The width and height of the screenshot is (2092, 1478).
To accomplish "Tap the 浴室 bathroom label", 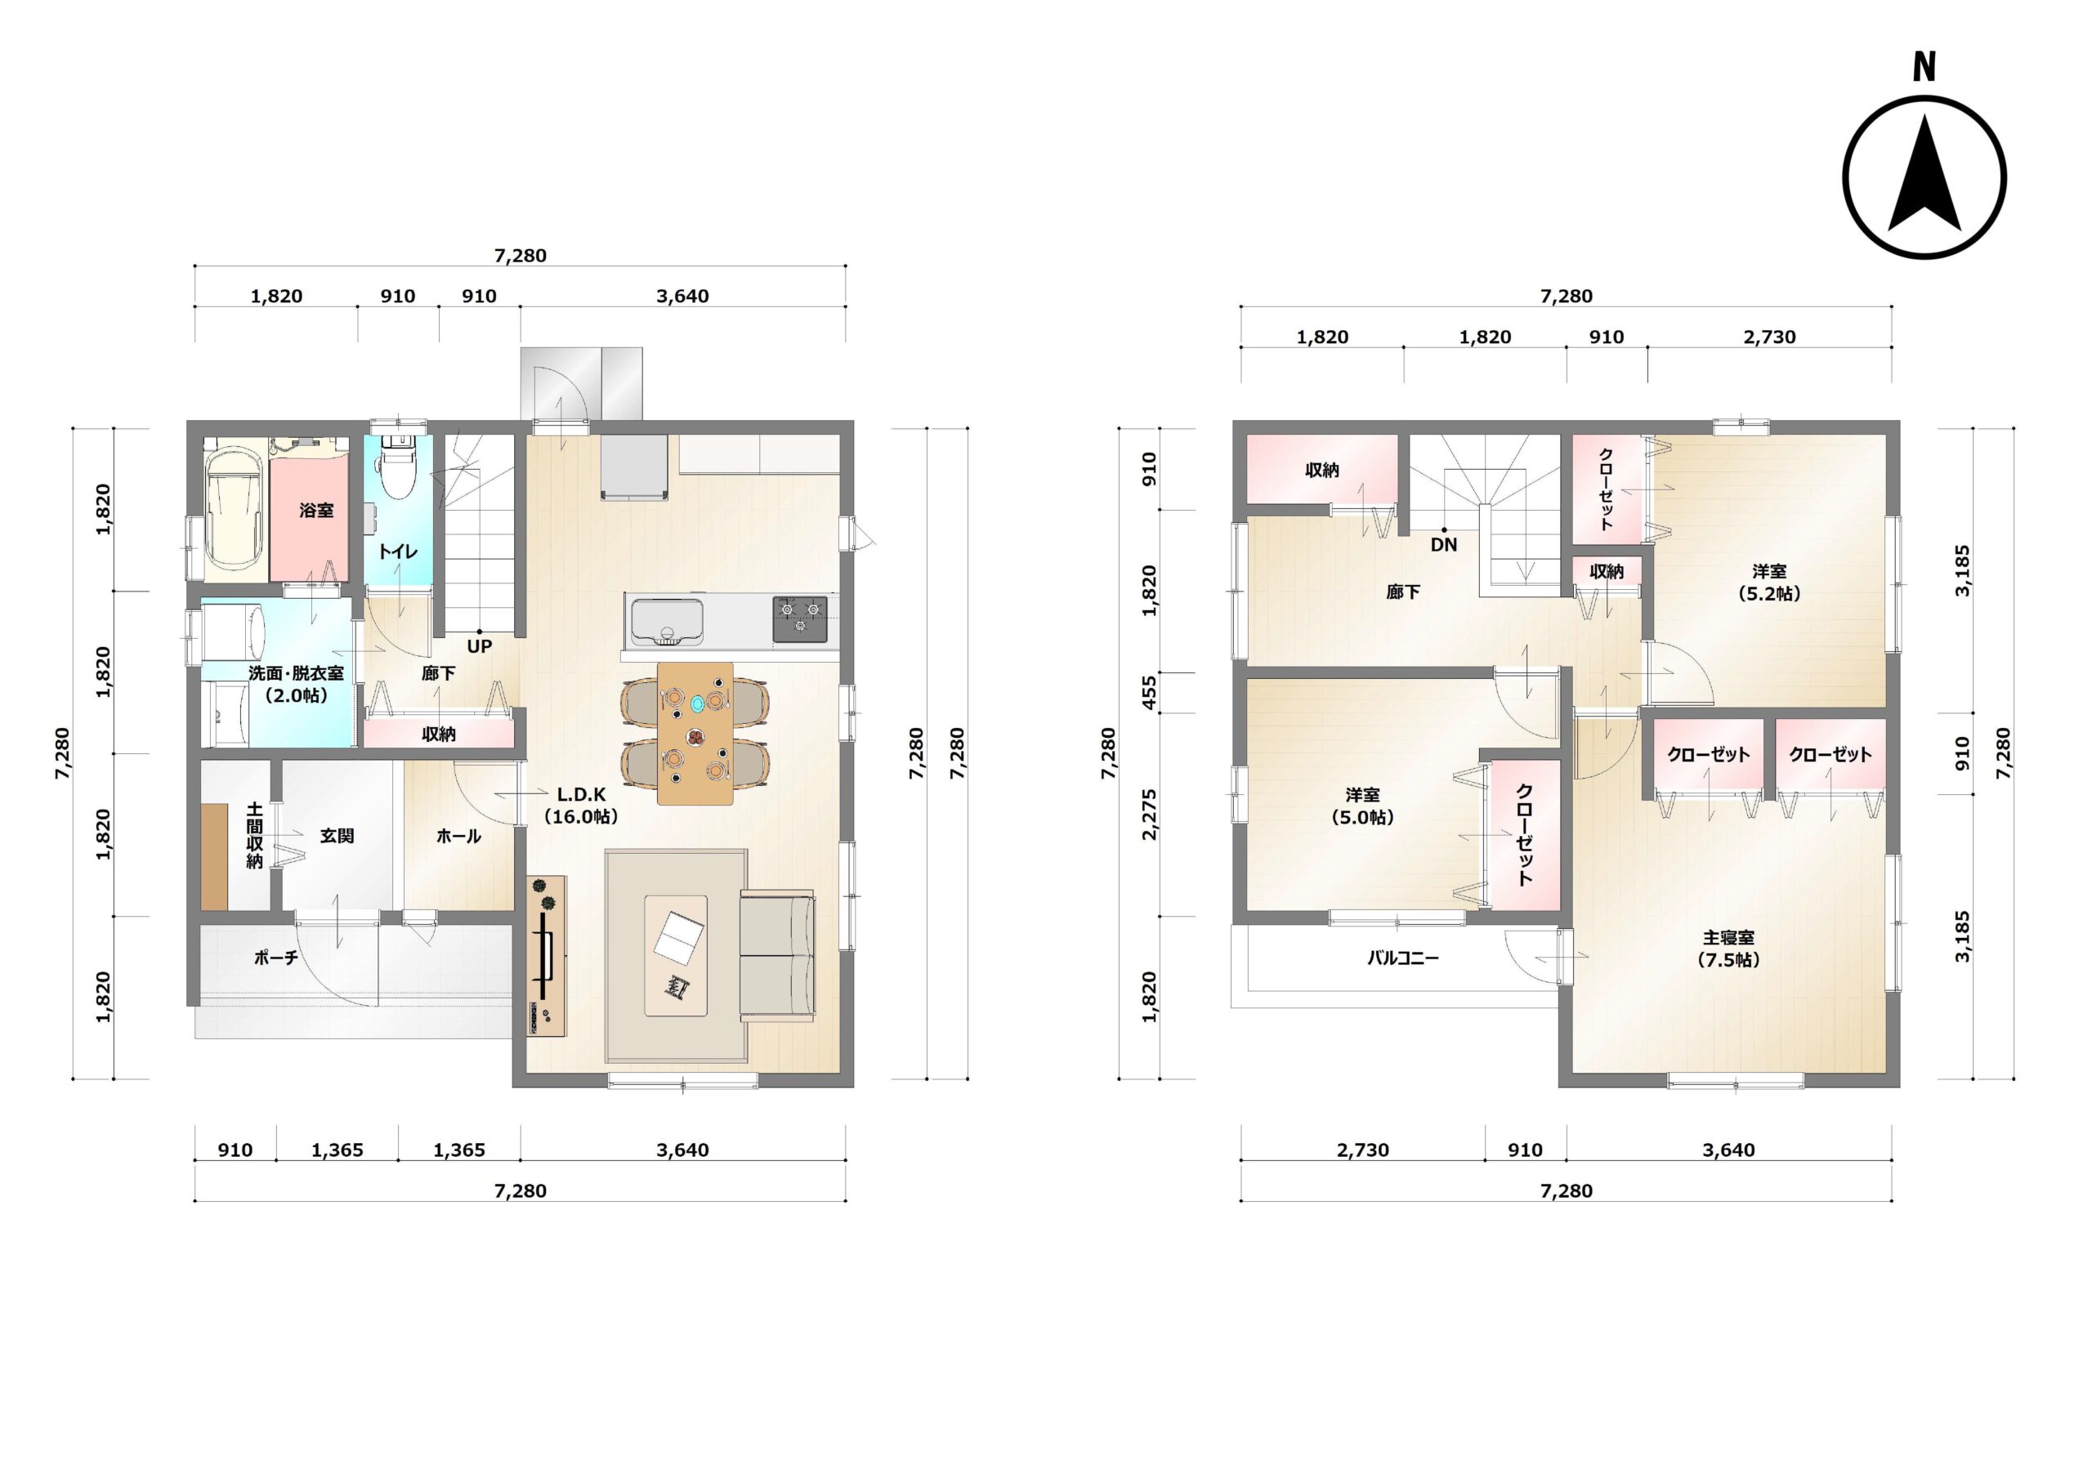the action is tap(316, 511).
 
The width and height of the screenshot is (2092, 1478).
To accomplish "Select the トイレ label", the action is tap(398, 551).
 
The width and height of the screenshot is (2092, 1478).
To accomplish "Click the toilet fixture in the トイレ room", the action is tap(397, 465).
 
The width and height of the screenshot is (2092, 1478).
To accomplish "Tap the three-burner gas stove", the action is tap(800, 618).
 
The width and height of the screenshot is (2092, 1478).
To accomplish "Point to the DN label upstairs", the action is tap(1443, 545).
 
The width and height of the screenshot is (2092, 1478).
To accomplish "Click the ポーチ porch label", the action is tap(276, 958).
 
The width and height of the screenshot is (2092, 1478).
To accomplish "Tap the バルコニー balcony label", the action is tap(1402, 958).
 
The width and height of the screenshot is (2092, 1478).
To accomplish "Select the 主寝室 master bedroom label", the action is tap(1728, 949).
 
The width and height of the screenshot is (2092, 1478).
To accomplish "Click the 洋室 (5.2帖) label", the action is tap(1768, 583).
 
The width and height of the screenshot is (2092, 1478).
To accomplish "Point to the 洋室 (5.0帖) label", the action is tap(1362, 806).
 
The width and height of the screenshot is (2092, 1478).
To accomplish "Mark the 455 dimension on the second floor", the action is tap(1149, 693).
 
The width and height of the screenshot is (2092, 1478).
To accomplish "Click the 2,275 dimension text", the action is tap(1149, 815).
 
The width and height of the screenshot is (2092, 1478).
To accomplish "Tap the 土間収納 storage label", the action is tap(254, 836).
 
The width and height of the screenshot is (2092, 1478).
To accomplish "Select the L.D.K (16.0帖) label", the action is tap(580, 806).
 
